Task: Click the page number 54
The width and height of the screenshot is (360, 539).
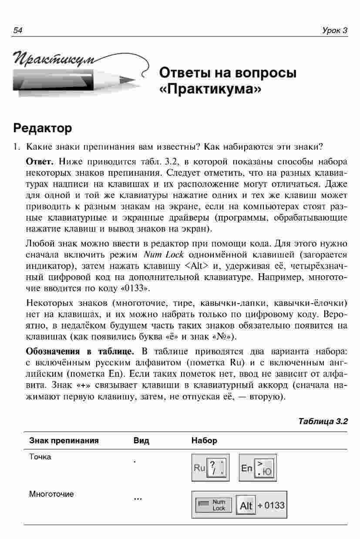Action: click(x=18, y=30)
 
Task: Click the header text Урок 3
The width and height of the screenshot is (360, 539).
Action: click(x=335, y=30)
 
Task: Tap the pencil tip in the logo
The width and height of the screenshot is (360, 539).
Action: click(x=130, y=80)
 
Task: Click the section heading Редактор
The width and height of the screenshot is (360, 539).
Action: click(x=42, y=128)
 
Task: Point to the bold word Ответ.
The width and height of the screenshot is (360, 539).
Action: click(x=40, y=162)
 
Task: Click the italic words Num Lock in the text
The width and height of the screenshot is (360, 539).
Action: click(x=163, y=254)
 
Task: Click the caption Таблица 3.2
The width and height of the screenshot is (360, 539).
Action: click(x=323, y=421)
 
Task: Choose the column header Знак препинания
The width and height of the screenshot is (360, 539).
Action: click(x=64, y=441)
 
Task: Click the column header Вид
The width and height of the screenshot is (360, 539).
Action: click(x=141, y=441)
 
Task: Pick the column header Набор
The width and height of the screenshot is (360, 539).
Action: click(x=204, y=441)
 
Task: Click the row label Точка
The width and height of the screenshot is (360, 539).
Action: click(x=40, y=457)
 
